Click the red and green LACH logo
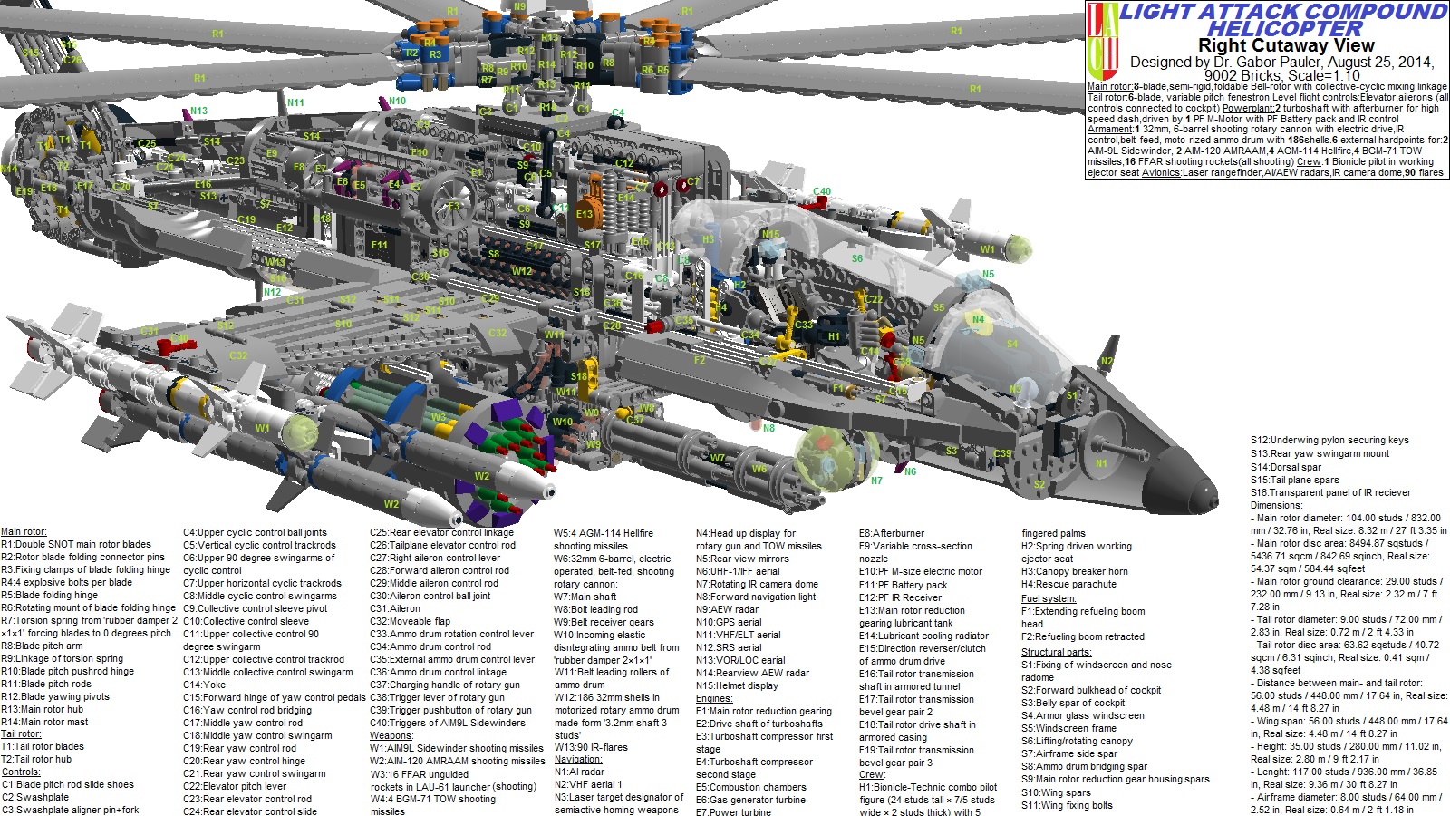tap(1101, 41)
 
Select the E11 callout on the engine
tap(379, 245)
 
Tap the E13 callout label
tap(584, 215)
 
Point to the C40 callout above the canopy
tap(821, 192)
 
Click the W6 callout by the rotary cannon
tap(759, 469)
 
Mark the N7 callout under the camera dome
tap(876, 481)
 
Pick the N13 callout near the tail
tap(198, 112)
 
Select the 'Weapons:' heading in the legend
tap(391, 735)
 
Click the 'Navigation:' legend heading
tap(577, 759)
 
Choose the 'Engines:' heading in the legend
tap(714, 698)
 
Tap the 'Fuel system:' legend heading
tap(1049, 598)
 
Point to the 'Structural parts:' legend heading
tap(1056, 652)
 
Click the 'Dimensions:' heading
tap(1276, 505)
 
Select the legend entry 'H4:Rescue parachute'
tap(1069, 584)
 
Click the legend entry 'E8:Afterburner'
tap(892, 533)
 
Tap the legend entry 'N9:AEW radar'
tap(727, 609)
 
